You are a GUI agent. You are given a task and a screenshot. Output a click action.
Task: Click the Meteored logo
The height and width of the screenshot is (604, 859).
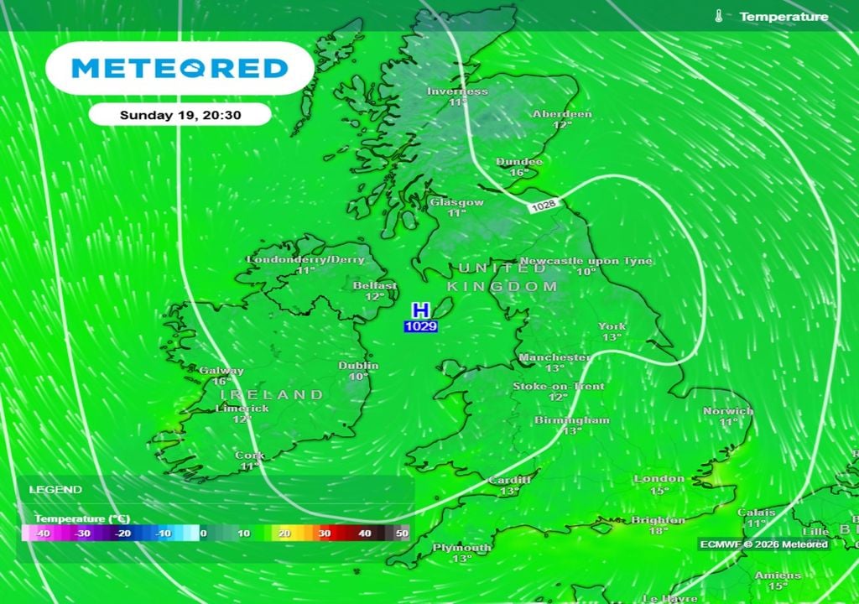tap(180, 68)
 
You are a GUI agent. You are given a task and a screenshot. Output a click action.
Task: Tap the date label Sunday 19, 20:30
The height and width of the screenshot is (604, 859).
tap(180, 115)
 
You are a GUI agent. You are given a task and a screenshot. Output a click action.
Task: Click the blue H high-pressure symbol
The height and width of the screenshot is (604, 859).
tap(420, 310)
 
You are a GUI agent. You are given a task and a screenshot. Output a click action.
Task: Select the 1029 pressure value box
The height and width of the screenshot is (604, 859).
tap(420, 326)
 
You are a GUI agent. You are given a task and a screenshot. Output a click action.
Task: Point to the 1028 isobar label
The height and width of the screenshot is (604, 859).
tap(543, 206)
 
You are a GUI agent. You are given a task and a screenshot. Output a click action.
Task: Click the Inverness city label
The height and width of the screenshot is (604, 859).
tap(457, 91)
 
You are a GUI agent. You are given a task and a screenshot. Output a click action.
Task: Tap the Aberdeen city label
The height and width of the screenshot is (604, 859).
tap(562, 114)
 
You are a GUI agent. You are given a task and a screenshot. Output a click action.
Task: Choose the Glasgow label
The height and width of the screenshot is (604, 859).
tap(457, 202)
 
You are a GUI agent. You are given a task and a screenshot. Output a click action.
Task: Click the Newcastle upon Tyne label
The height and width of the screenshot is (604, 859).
tap(586, 261)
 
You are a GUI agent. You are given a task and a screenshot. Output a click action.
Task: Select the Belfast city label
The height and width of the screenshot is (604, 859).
tap(374, 285)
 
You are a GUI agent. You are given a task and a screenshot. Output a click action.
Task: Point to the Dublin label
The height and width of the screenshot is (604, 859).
tap(358, 366)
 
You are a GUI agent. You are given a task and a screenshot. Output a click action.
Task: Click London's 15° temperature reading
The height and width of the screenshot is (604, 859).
tap(659, 491)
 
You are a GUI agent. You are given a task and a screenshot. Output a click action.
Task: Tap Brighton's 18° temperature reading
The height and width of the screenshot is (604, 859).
tap(658, 531)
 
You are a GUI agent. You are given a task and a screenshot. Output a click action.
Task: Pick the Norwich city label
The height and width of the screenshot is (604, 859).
tap(728, 411)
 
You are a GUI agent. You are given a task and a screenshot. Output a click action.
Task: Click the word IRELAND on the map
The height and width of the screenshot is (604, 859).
tap(272, 394)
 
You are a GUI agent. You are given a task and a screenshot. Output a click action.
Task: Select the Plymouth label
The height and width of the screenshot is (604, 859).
tap(461, 548)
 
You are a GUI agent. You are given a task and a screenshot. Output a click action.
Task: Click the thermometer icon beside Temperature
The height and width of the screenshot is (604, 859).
tap(719, 17)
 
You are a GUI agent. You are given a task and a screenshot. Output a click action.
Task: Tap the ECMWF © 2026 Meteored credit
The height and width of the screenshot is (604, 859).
tap(763, 544)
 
